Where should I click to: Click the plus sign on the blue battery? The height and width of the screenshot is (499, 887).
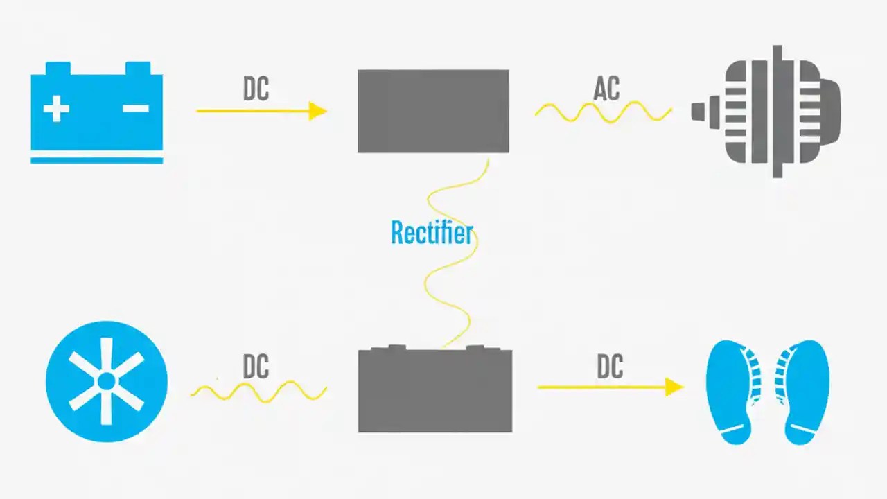coord(56,109)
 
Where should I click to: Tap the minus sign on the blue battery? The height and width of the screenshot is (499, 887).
coord(135,108)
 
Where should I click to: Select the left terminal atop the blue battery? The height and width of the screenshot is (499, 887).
coord(58,68)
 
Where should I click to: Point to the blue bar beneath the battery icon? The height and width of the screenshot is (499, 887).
coord(96,160)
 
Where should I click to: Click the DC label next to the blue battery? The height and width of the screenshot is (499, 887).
coord(256,89)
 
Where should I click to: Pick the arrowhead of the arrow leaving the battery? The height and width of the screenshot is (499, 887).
coord(318,111)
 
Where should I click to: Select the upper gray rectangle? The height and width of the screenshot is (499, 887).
coord(433,111)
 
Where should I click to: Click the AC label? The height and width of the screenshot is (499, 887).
coord(606,89)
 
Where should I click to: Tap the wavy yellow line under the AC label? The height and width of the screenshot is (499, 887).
coord(603,112)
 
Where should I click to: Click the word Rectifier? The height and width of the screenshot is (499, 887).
coord(431,233)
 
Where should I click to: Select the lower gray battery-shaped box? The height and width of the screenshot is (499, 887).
coord(435,389)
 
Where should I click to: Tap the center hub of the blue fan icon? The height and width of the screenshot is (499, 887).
coord(106,381)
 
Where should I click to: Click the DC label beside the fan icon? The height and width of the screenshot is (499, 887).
coord(256,367)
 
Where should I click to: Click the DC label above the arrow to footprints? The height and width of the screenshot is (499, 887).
coord(610,367)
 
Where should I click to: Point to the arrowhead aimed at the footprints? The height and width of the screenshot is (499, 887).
coord(674,387)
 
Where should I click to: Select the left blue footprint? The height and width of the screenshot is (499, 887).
coord(731,392)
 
